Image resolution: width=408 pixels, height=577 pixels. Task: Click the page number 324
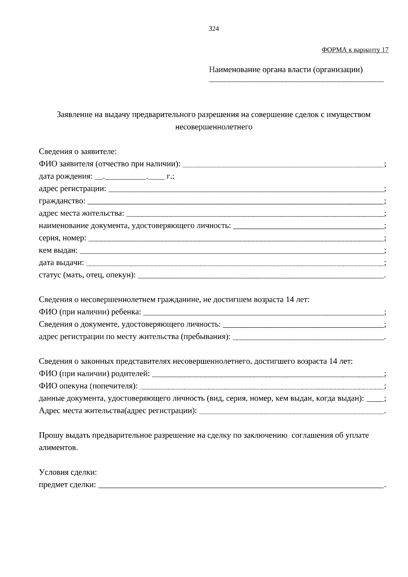[214, 29]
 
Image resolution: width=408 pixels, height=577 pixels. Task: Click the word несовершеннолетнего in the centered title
[214, 127]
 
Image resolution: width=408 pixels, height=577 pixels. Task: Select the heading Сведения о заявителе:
[78, 152]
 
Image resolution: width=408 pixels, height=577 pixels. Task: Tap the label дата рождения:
[65, 177]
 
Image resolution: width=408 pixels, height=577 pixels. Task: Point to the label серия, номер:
[63, 238]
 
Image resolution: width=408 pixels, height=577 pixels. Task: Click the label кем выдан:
[58, 251]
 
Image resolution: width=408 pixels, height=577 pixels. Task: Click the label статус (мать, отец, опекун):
[87, 275]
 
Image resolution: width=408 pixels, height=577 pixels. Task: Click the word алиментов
[58, 448]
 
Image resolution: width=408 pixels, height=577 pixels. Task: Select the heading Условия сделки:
[68, 473]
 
